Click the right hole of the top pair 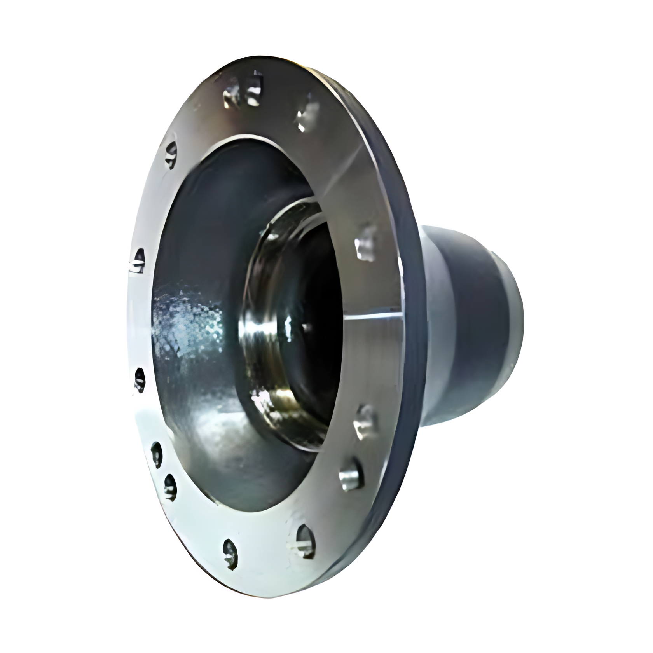click(255, 89)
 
